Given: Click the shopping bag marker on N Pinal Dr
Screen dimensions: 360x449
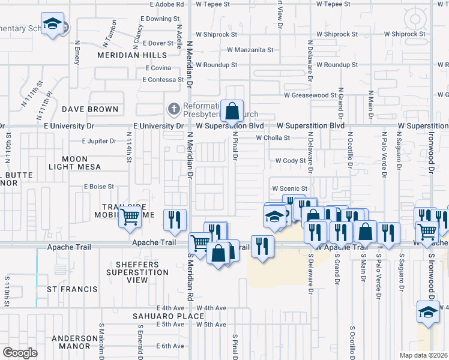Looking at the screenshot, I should tap(232, 111).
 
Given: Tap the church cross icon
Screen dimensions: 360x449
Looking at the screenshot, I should tap(173, 109).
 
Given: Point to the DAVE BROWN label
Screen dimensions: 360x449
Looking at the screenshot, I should tap(90, 109).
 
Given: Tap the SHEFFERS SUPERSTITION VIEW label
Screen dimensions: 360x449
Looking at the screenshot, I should tap(133, 272).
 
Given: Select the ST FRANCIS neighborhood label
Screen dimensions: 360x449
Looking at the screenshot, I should tap(72, 289).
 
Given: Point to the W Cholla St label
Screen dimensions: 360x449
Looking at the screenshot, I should tap(273, 137).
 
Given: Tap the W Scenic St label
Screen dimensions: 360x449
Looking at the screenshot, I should tap(289, 188).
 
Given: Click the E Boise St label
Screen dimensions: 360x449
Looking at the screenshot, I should tap(98, 187).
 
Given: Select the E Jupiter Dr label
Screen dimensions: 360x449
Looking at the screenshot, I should tap(99, 142).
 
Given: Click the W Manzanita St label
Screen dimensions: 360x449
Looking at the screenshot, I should tap(250, 50).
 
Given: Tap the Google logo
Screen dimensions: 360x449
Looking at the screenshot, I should tap(20, 352).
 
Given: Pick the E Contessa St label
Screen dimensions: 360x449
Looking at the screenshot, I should tap(164, 79).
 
